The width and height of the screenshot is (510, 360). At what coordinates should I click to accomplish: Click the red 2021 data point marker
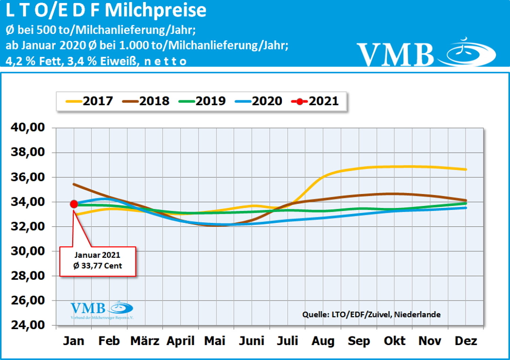[74, 204]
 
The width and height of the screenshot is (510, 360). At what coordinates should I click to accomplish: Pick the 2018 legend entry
[146, 101]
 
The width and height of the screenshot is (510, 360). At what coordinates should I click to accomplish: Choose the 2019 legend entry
[202, 101]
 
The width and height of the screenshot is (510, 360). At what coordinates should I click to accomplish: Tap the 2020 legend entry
[259, 101]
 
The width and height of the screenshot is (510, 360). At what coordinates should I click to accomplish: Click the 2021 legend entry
[316, 101]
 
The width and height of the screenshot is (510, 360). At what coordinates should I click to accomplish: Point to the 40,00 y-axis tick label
[28, 127]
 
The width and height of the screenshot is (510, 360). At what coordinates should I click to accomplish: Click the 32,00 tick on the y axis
[28, 226]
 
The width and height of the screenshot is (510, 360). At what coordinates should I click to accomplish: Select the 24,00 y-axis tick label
[28, 325]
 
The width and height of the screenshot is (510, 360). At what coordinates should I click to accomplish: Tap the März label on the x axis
[145, 341]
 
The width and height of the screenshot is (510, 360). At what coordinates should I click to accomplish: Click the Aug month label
[323, 341]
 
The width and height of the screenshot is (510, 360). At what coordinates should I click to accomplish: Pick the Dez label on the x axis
[466, 341]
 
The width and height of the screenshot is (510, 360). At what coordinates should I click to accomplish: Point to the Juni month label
[251, 341]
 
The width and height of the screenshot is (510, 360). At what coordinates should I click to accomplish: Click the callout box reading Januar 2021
[98, 261]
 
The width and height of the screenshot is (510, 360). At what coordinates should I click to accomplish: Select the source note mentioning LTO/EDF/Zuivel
[371, 314]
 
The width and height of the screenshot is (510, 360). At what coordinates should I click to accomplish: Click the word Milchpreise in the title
[155, 10]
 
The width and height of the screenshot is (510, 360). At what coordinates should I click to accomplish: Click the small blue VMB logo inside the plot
[102, 310]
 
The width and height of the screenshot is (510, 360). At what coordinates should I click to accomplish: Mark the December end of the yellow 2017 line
[465, 169]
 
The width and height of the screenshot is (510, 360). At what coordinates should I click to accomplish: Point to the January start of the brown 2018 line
[74, 184]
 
